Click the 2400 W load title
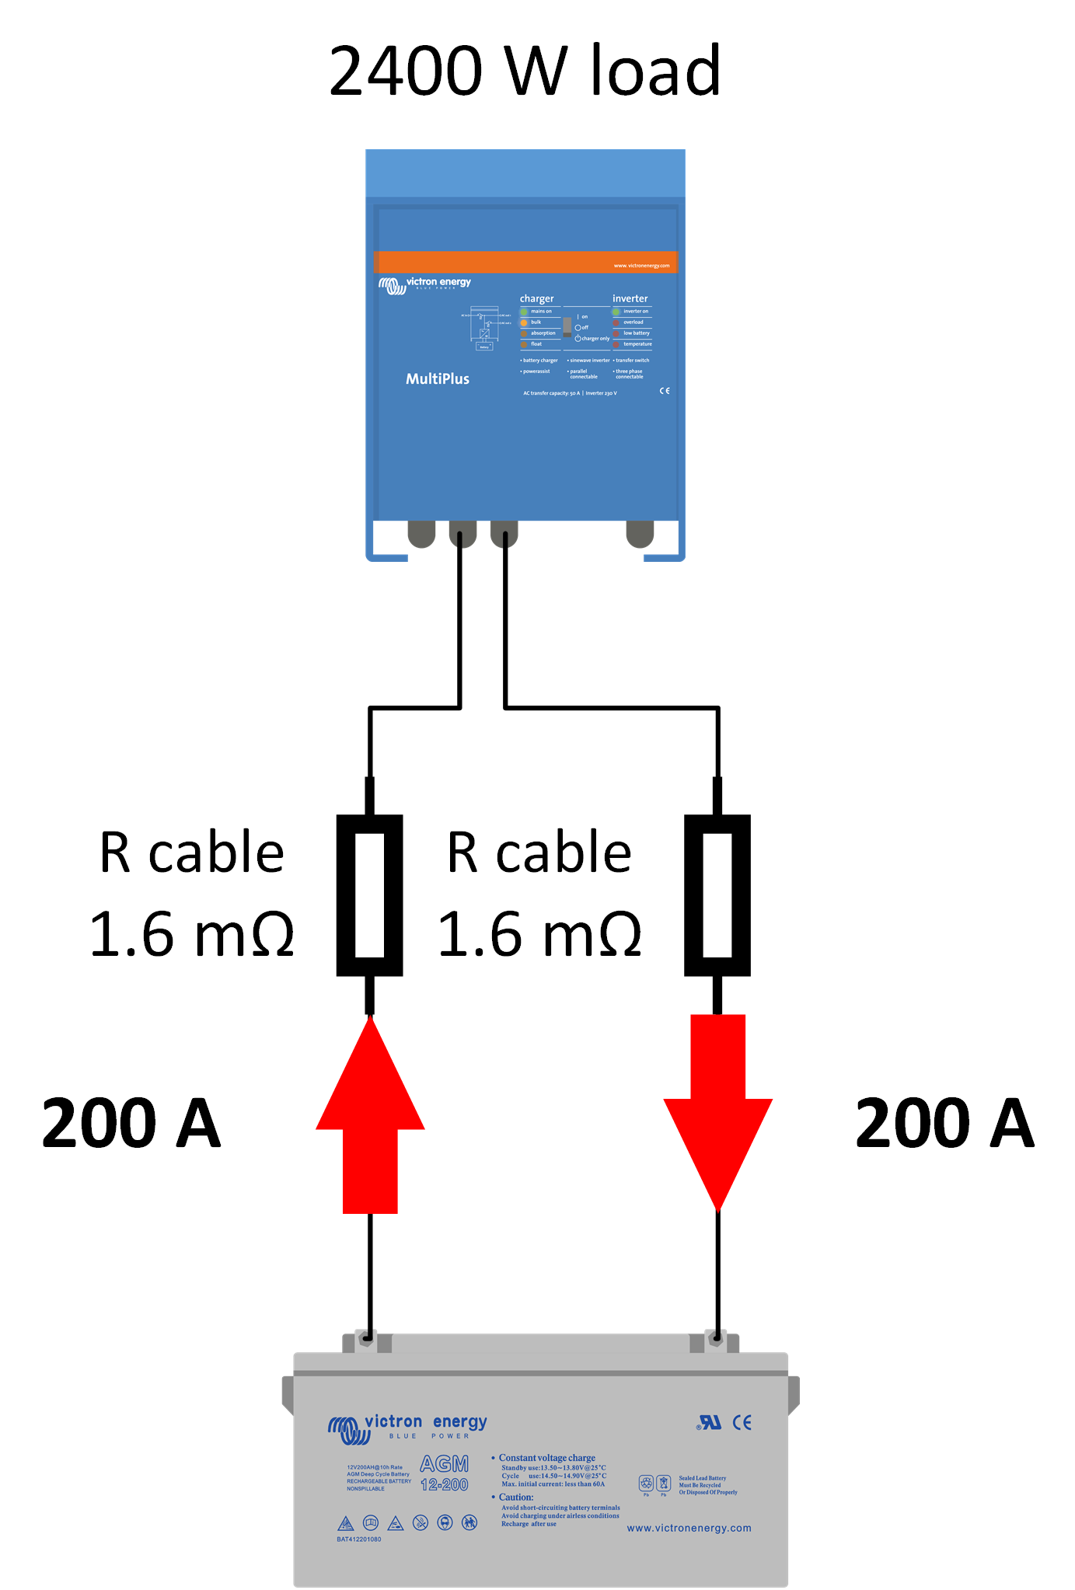[x=525, y=71]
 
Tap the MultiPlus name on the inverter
[x=438, y=378]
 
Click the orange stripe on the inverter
[x=525, y=262]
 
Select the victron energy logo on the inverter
[x=425, y=284]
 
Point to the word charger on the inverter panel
[x=536, y=298]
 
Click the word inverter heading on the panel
[x=630, y=298]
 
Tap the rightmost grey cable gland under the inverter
[x=640, y=533]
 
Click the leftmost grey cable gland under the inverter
[x=421, y=533]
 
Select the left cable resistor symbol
[x=369, y=894]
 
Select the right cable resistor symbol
[x=717, y=894]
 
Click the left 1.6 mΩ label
[x=192, y=934]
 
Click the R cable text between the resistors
[x=539, y=853]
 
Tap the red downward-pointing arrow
[x=717, y=1111]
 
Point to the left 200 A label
[x=131, y=1124]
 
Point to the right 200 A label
[x=944, y=1124]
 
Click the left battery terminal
[x=366, y=1340]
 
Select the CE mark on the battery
[x=742, y=1422]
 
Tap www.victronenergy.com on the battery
[x=689, y=1528]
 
